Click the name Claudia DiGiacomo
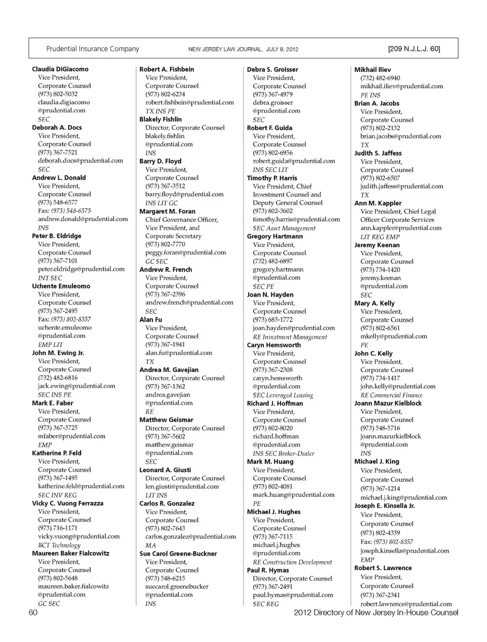tap(60, 69)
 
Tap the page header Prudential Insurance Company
tap(92, 49)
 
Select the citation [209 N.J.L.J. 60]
tap(413, 49)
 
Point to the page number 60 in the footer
tap(33, 612)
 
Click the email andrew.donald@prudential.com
tap(83, 219)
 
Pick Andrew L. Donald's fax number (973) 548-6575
tap(71, 211)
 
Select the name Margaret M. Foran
tap(167, 211)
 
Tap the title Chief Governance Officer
tap(181, 219)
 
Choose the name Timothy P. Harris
tap(272, 178)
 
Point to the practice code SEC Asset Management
tap(284, 228)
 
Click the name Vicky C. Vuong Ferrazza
tap(67, 503)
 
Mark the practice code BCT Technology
tap(59, 545)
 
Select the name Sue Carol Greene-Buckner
tap(178, 554)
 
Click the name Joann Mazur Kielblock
tap(388, 403)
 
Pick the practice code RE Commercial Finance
tap(391, 395)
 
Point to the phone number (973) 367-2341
tap(380, 595)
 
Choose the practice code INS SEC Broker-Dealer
tap(284, 454)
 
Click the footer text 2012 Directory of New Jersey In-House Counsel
tap(375, 612)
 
